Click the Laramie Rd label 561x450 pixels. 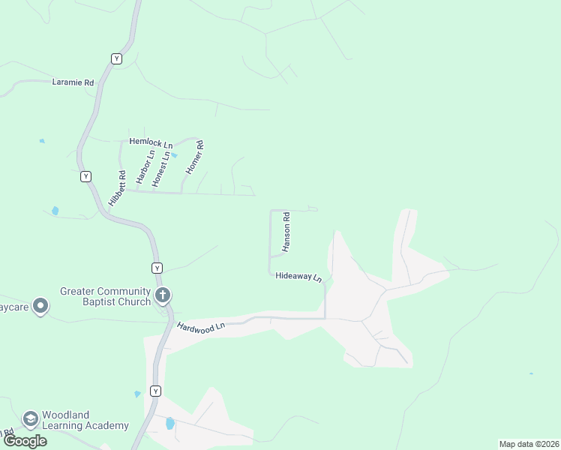tap(73, 82)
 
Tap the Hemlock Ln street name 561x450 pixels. tap(150, 141)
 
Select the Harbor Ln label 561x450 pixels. tap(145, 167)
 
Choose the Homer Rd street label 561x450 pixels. tap(195, 158)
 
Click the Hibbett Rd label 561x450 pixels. tap(117, 188)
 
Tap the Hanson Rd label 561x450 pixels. tap(286, 232)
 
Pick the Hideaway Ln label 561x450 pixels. tap(298, 277)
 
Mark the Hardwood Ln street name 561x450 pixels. tap(201, 327)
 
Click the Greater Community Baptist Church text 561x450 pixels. tap(106, 297)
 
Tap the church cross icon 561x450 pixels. tap(163, 295)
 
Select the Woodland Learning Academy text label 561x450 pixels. tap(85, 420)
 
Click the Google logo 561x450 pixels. tap(25, 440)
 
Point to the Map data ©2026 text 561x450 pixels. tap(529, 444)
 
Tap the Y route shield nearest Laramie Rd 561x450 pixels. tap(116, 58)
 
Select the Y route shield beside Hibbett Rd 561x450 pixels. tap(86, 176)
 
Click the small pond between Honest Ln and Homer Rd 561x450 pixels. tap(174, 155)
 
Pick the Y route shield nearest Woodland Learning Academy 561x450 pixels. tap(155, 391)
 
